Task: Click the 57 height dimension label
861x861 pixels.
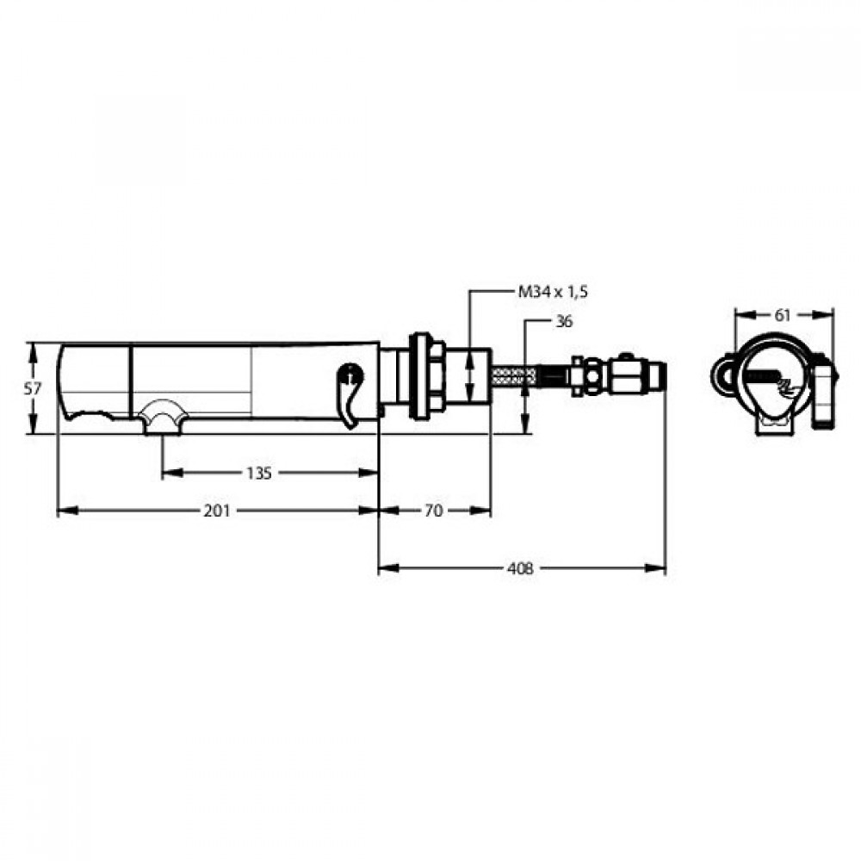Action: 33,389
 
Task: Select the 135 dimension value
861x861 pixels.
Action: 258,473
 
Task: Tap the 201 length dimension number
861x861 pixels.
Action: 217,511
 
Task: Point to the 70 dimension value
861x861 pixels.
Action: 433,511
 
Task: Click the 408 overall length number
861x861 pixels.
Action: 520,568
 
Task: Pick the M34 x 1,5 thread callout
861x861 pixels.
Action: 553,292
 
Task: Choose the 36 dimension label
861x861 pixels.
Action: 564,321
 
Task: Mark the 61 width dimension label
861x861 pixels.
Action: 782,315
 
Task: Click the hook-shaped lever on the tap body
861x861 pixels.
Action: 350,393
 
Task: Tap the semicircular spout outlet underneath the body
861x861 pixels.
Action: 162,418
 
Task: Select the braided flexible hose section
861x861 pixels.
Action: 514,377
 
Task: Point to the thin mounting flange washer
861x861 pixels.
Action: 419,377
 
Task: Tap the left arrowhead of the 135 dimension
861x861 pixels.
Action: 172,473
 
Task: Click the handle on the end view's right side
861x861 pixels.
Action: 825,390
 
